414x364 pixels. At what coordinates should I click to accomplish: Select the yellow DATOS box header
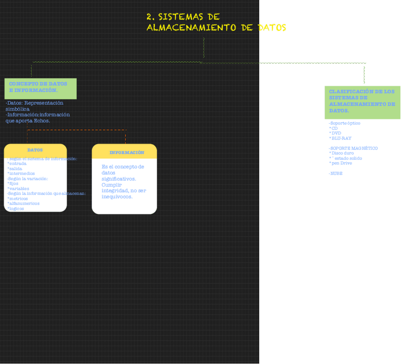(x=35, y=150)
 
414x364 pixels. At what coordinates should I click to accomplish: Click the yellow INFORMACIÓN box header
(x=126, y=153)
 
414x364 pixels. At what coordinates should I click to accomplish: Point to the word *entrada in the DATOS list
(x=18, y=164)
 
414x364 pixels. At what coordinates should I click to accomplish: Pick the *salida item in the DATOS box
(x=16, y=169)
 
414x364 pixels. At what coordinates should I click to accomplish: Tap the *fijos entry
(x=14, y=184)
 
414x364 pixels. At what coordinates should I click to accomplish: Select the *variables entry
(x=19, y=189)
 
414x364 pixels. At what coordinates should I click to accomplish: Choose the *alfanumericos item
(x=23, y=204)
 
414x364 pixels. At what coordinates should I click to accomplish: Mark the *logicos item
(x=16, y=209)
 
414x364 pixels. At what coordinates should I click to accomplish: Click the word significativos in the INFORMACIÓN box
(x=119, y=179)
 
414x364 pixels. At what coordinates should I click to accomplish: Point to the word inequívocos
(x=117, y=196)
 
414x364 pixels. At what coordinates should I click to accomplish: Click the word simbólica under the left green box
(x=18, y=109)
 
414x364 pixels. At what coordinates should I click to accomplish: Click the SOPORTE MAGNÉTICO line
(x=353, y=148)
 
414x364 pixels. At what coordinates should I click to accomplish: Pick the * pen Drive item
(x=341, y=163)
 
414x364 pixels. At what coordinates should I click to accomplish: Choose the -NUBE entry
(x=336, y=173)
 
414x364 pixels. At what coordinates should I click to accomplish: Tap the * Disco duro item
(x=342, y=153)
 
